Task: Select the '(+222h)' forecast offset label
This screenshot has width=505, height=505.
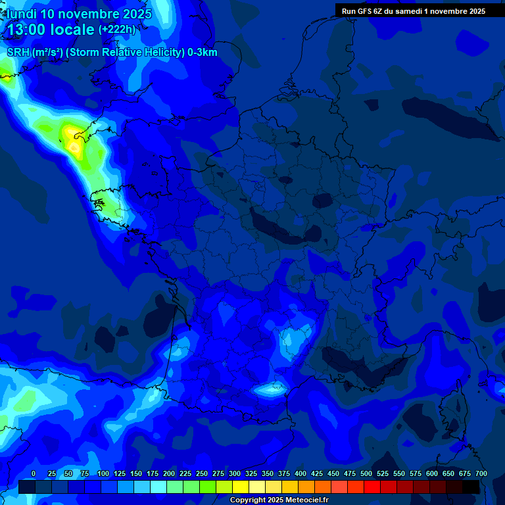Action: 117,30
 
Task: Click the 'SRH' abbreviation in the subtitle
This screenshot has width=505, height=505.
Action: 18,53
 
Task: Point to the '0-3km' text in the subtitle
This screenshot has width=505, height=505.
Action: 203,53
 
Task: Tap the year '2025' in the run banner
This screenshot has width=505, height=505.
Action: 473,11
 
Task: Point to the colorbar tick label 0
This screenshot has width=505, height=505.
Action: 34,474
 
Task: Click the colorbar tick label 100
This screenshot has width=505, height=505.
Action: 103,474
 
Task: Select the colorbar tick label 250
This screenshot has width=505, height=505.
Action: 202,474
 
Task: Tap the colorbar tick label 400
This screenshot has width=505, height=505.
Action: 301,474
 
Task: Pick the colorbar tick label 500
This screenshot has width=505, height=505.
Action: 366,474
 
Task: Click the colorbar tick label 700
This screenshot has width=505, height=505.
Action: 481,474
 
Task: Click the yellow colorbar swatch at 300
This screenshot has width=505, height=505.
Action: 241,487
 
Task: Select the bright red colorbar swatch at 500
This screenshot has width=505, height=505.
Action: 372,487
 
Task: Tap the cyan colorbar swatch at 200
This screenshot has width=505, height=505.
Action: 175,487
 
